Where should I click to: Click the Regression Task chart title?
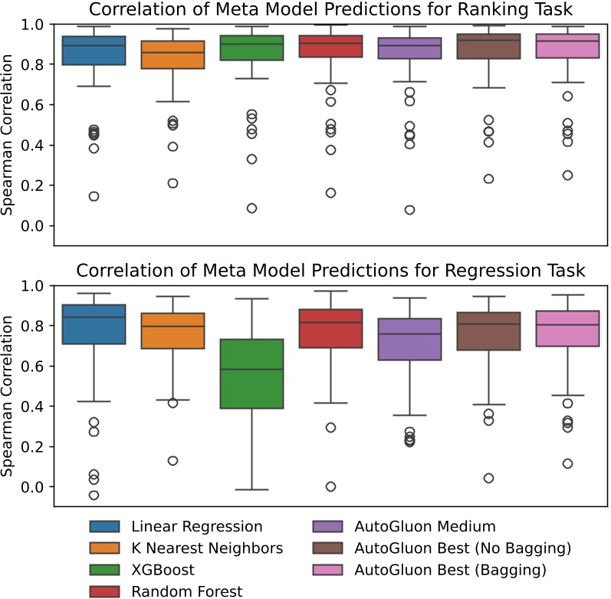point(331,271)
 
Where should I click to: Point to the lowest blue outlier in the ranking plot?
point(93,196)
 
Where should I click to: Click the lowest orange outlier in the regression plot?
point(172,461)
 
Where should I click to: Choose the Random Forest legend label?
point(186,591)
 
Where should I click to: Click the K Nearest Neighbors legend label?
point(207,548)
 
